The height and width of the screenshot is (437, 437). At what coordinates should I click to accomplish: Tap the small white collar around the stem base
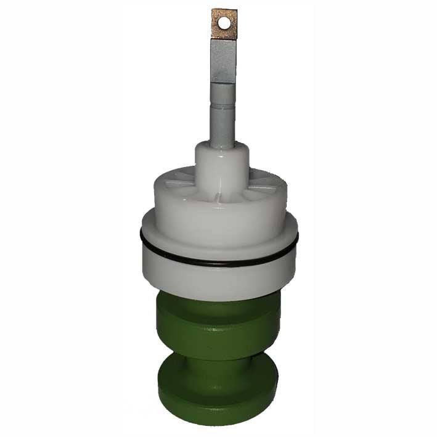tap(222, 163)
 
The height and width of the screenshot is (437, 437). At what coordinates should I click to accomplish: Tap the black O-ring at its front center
tap(219, 264)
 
